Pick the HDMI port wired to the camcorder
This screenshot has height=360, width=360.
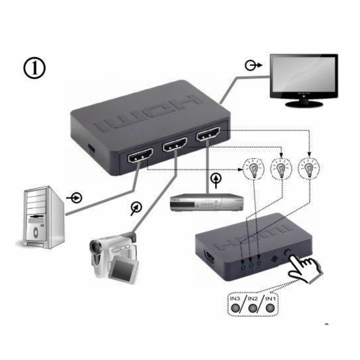point(175,146)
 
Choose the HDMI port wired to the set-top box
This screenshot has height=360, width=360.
point(208,135)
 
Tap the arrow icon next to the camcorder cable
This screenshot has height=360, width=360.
point(135,208)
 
